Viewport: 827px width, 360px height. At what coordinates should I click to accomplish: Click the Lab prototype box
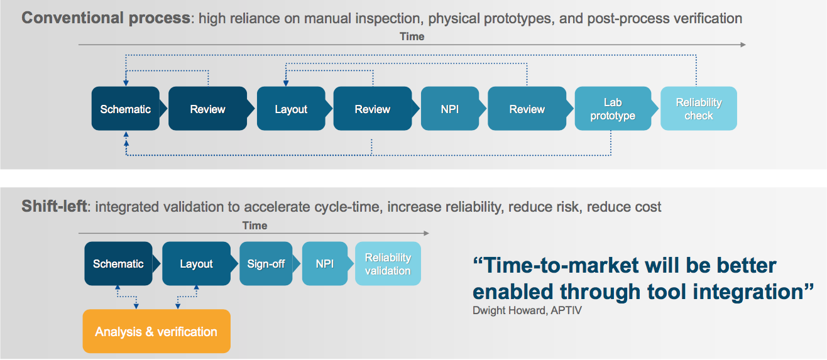(x=613, y=109)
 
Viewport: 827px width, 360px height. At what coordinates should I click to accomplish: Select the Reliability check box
(x=699, y=109)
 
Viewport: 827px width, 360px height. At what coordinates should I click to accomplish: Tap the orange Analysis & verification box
(x=156, y=331)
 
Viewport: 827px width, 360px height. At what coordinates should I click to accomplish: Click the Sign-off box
(x=266, y=264)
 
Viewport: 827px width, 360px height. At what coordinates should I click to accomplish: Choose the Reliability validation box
(x=388, y=264)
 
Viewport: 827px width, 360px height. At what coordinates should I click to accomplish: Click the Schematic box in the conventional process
(x=126, y=109)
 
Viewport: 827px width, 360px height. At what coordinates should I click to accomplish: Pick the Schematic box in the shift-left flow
(x=118, y=264)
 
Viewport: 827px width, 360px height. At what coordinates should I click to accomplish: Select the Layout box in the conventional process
(x=291, y=109)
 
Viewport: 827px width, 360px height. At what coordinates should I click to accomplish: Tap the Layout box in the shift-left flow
(x=197, y=264)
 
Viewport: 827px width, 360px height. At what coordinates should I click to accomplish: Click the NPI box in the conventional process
(x=450, y=109)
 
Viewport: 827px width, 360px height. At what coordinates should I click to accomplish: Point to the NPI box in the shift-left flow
(x=324, y=264)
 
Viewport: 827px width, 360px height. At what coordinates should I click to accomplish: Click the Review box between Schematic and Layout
(x=207, y=109)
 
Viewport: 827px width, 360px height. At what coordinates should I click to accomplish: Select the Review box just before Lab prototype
(x=527, y=109)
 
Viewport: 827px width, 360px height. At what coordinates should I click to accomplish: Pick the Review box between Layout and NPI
(x=373, y=109)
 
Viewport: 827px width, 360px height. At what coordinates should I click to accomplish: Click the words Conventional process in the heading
(x=106, y=18)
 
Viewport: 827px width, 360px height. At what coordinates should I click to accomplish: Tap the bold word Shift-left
(x=54, y=206)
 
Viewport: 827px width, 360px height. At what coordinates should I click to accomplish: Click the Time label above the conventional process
(x=412, y=36)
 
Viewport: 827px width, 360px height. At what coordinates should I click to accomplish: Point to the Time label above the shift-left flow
(x=255, y=225)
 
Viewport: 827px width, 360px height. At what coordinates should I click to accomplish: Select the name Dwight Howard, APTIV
(x=527, y=310)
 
